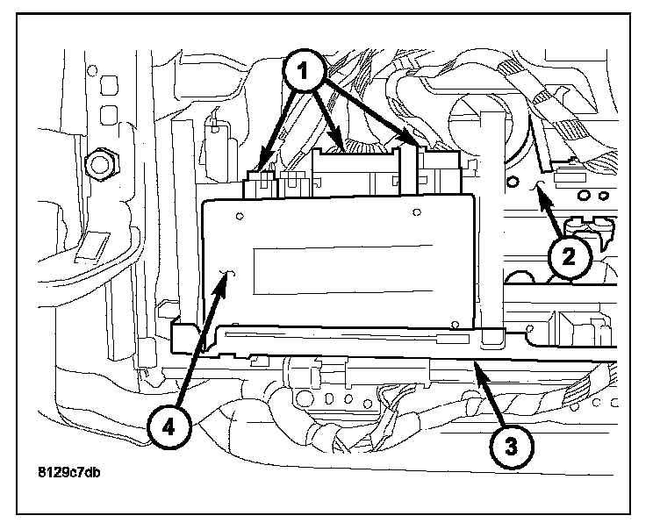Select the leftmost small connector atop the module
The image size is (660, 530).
(259, 184)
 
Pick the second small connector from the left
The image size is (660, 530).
(292, 184)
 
